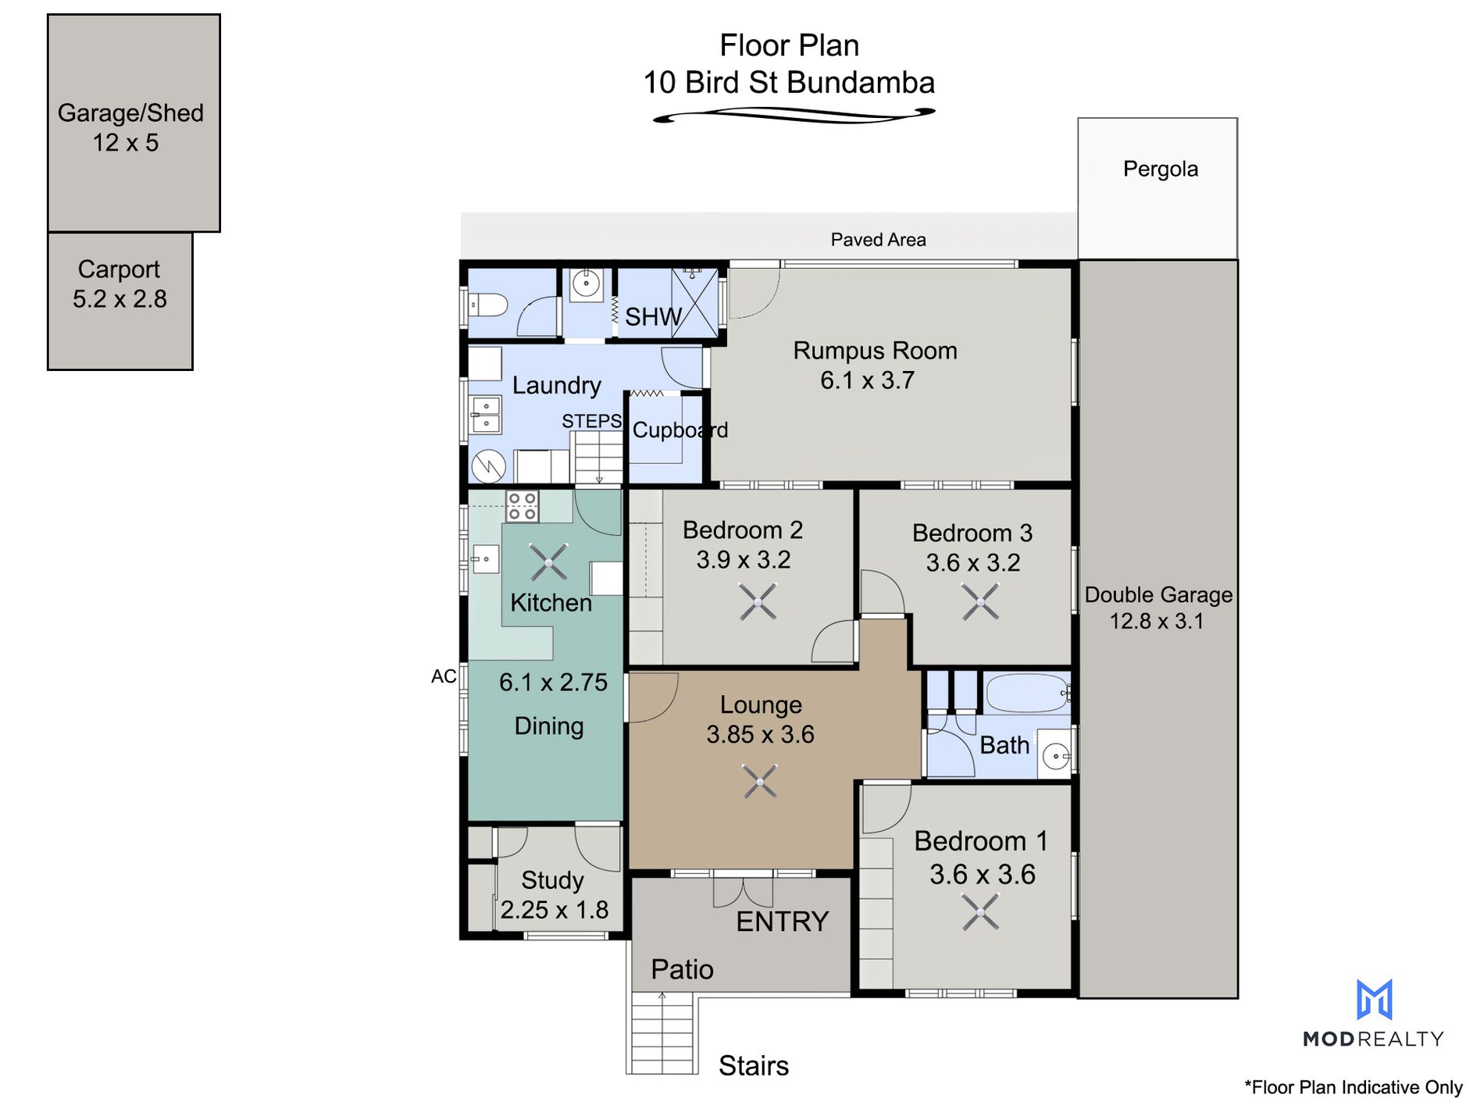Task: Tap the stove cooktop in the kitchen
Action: click(x=522, y=506)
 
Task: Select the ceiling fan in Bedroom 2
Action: click(x=758, y=602)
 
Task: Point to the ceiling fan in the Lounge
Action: click(x=760, y=782)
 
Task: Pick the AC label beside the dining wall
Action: click(x=444, y=676)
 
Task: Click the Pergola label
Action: click(x=1160, y=169)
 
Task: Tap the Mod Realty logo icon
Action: click(x=1374, y=1000)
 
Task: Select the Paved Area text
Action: click(x=878, y=240)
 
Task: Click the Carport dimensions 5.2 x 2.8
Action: click(x=120, y=299)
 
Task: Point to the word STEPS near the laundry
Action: click(x=591, y=421)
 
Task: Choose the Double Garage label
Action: click(x=1158, y=594)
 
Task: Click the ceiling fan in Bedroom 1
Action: click(x=980, y=911)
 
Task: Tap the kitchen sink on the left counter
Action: click(x=485, y=559)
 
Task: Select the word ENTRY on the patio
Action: click(x=782, y=922)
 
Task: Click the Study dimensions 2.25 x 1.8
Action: click(x=554, y=910)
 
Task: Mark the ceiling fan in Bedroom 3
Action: click(x=980, y=602)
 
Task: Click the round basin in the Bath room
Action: click(x=1056, y=756)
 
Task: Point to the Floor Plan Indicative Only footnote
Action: click(x=1353, y=1087)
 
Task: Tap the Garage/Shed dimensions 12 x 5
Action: click(x=126, y=143)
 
